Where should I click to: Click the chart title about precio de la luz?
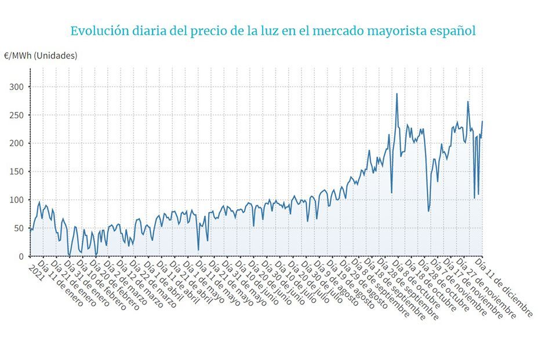click(272, 31)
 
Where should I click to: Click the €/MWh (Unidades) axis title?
click(40, 56)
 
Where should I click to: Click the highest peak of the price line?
click(397, 94)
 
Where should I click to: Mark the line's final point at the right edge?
click(482, 121)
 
